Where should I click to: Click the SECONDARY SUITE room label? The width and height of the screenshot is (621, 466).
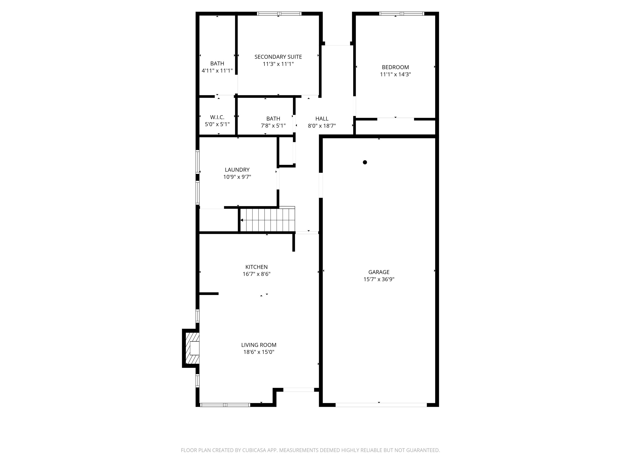(x=278, y=57)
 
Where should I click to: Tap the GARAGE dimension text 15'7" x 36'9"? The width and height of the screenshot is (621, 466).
(x=379, y=279)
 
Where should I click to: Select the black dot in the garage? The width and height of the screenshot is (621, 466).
(x=365, y=162)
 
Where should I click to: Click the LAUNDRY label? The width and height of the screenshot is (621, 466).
(x=237, y=170)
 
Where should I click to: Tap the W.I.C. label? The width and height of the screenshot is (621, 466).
(x=217, y=117)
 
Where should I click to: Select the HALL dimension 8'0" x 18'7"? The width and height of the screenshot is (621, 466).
(x=322, y=126)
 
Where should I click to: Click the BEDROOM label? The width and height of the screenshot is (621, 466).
(x=395, y=67)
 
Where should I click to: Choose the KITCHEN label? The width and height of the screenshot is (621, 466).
(x=256, y=267)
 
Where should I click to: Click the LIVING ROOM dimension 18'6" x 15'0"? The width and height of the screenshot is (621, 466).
(x=259, y=352)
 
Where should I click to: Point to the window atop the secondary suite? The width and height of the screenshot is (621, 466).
(x=279, y=13)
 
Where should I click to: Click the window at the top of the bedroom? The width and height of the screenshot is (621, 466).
(x=401, y=13)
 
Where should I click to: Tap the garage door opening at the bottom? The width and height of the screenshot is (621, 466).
(x=381, y=405)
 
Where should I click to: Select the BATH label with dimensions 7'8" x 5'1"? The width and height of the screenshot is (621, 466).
(x=273, y=119)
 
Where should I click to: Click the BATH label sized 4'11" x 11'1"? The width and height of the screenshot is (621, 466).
(x=217, y=63)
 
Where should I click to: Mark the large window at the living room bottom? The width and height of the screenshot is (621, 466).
(x=225, y=405)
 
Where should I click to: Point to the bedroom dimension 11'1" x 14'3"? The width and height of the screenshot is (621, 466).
(x=395, y=75)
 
